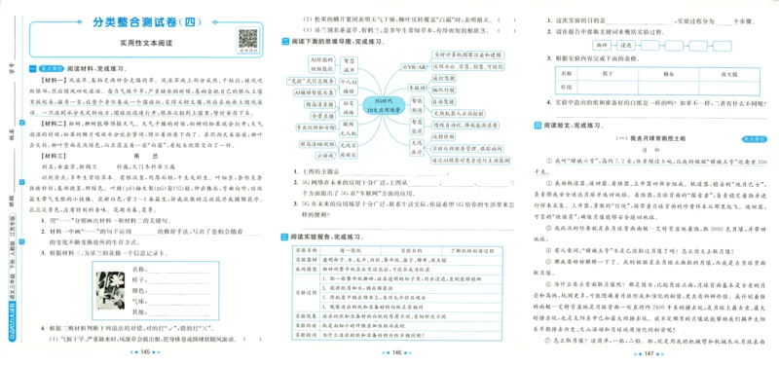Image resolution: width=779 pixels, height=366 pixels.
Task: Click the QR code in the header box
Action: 242,39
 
